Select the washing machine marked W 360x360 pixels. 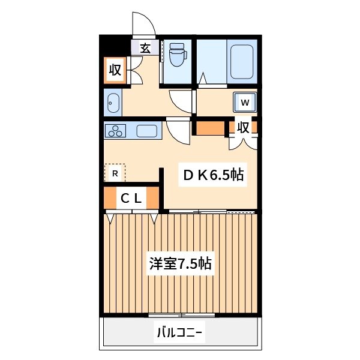245,103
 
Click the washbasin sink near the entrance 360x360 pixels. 113,104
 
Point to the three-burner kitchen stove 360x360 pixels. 115,130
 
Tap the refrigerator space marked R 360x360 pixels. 115,173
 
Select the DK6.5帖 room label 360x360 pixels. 212,175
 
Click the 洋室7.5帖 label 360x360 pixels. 179,263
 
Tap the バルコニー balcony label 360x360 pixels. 180,331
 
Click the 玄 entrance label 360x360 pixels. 145,49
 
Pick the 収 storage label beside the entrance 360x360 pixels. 115,71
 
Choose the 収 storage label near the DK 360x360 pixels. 242,128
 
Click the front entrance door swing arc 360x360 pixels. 144,24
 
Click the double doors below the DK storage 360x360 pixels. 242,143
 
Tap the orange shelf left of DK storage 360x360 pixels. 209,128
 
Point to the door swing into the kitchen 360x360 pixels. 178,131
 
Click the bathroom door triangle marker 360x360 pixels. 202,78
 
